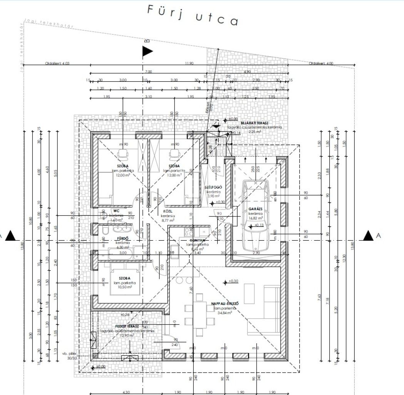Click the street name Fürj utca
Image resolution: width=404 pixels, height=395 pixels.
click(x=192, y=16)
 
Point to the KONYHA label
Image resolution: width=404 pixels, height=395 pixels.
click(x=197, y=240)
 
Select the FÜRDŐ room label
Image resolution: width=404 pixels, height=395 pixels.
click(x=122, y=238)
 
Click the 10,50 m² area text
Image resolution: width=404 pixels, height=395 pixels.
click(x=123, y=287)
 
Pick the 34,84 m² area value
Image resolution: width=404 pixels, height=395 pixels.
click(x=224, y=313)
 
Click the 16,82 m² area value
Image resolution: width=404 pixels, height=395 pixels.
click(x=255, y=218)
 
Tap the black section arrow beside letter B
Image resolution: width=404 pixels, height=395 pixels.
click(x=148, y=51)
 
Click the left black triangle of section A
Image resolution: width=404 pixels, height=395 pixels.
click(x=10, y=235)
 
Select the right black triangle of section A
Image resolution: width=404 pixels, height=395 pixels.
click(x=368, y=235)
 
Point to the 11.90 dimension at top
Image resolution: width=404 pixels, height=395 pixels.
click(x=189, y=64)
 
